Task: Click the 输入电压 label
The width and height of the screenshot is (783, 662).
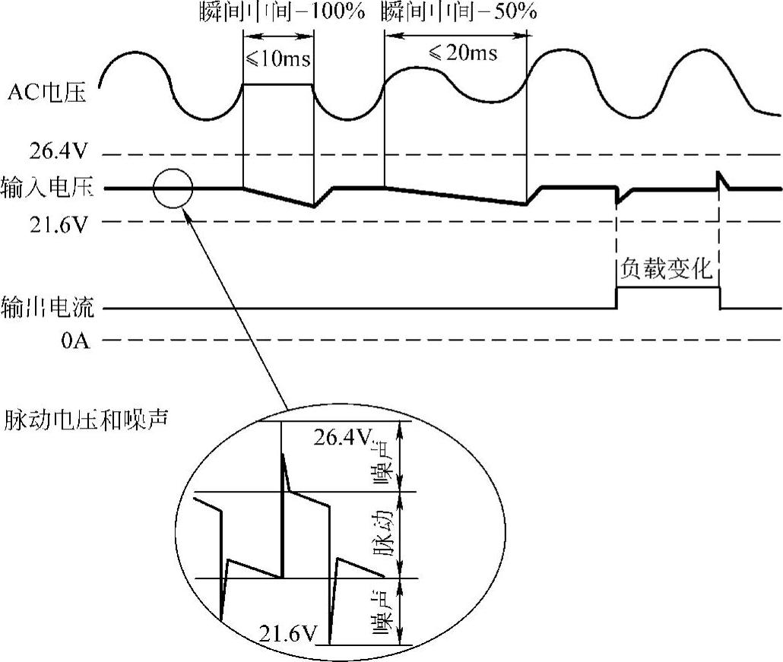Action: click(x=47, y=187)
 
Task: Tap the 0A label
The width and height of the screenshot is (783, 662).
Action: click(x=76, y=341)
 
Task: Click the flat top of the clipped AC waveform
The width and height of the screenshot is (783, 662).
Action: click(x=277, y=84)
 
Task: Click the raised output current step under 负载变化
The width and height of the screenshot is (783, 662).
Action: click(x=667, y=288)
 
